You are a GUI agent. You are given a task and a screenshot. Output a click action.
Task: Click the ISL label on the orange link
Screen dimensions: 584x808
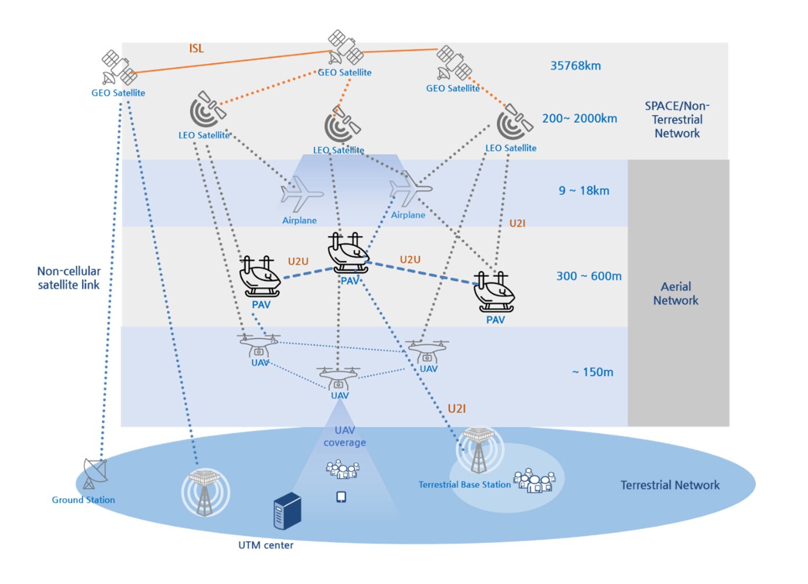coord(196,49)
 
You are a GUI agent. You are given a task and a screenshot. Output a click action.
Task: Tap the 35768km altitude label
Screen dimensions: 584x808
coord(575,66)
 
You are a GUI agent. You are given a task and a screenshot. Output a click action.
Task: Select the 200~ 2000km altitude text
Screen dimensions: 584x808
coord(579,119)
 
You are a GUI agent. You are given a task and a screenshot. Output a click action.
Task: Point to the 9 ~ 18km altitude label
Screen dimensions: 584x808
coord(584,191)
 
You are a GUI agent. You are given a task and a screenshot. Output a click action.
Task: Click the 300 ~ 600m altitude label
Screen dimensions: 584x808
coord(588,276)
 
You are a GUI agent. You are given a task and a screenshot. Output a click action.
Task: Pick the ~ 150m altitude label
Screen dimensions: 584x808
coord(592,373)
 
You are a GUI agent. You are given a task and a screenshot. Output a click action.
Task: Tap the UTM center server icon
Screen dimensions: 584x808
coord(287,510)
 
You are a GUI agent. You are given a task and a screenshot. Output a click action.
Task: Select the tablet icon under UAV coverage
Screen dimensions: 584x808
coord(341,497)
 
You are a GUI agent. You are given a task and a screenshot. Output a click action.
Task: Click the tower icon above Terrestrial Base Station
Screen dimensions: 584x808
coord(479,450)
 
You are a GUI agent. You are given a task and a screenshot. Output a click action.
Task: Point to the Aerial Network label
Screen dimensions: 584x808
coord(676,294)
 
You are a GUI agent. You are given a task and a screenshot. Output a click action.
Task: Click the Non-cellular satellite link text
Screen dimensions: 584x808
coord(69,278)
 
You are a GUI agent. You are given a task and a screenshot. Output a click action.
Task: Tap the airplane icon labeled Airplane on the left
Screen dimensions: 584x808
coord(300,195)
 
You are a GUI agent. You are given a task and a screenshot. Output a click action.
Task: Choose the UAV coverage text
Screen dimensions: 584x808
coord(344,436)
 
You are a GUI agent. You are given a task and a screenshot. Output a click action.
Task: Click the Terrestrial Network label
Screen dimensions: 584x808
coord(669,486)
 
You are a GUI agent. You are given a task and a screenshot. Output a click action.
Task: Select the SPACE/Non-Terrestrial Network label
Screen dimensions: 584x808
coord(677,120)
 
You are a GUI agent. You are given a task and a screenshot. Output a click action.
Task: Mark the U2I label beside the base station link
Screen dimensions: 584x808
coord(457,409)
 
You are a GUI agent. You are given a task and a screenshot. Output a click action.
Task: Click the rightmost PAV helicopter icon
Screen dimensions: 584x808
coord(494,291)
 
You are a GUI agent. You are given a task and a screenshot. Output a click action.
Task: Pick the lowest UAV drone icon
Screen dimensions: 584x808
coord(339,378)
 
